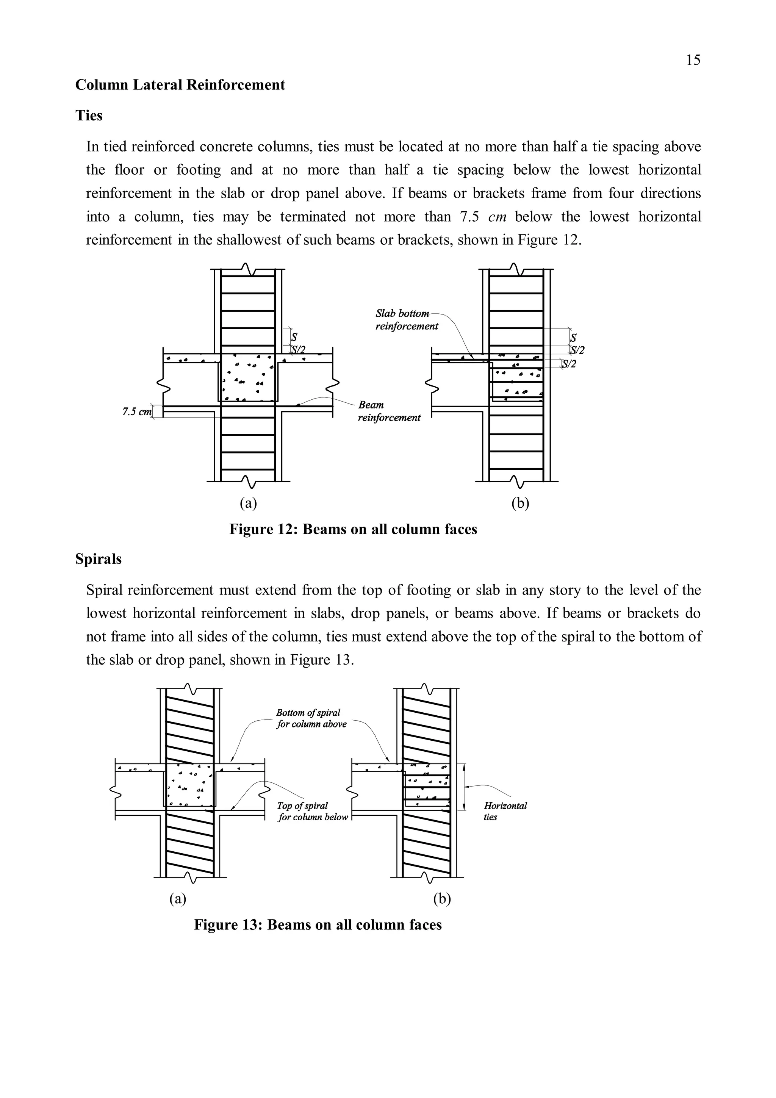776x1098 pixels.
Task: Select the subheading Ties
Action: [x=89, y=116]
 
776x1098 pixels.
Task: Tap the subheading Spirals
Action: [x=99, y=559]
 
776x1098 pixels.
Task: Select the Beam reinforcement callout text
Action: [x=389, y=411]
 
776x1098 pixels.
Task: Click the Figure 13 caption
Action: [x=318, y=924]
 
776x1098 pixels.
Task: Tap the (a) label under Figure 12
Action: [x=248, y=503]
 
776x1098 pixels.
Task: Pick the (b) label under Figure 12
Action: [x=520, y=503]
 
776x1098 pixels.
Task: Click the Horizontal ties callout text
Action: [x=505, y=811]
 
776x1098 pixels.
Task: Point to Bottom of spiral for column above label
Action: [x=311, y=718]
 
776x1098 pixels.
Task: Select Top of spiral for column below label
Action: [x=313, y=811]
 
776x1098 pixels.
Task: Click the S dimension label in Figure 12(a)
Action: [x=294, y=338]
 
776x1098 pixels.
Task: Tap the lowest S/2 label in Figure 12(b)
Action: [x=569, y=364]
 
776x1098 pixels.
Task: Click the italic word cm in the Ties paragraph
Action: [x=497, y=217]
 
